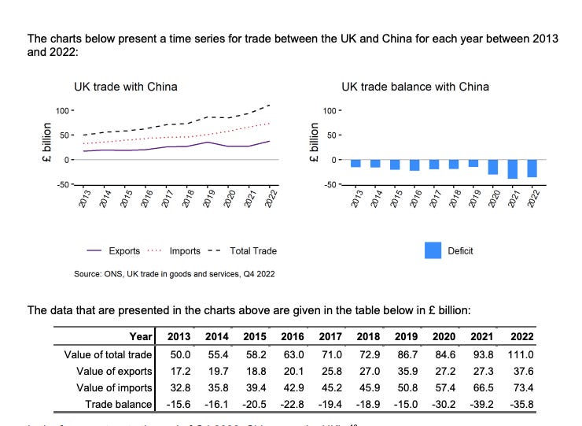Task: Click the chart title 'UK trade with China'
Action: (x=125, y=87)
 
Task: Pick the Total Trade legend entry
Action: (x=241, y=251)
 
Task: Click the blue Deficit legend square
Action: (x=433, y=250)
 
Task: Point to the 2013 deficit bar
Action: (x=355, y=163)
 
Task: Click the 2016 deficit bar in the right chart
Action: (x=414, y=165)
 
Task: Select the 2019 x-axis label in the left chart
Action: (x=208, y=198)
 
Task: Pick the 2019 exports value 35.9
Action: (x=408, y=371)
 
